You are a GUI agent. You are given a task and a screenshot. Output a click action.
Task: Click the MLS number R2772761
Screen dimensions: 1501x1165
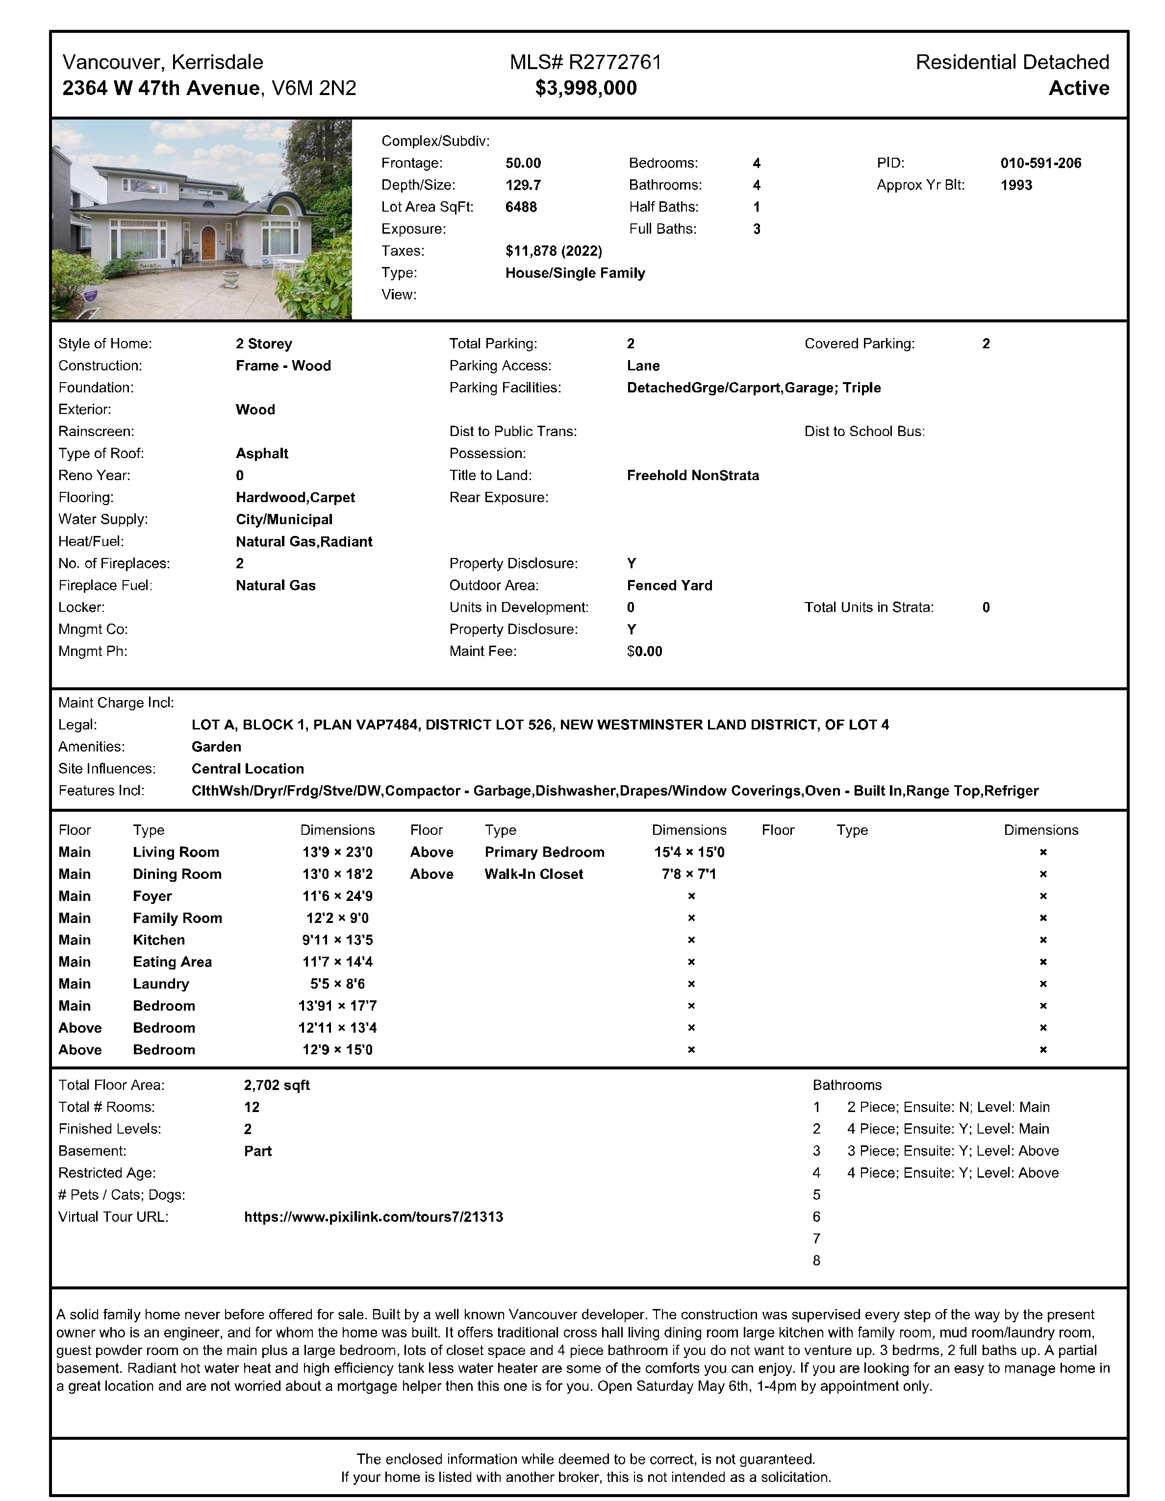614,63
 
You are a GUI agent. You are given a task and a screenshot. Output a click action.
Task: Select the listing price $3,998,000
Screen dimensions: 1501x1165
586,88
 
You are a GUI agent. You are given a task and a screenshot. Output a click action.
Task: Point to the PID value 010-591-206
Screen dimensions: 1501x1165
1040,163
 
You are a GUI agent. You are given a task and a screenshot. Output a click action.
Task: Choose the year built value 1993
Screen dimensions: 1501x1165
1016,185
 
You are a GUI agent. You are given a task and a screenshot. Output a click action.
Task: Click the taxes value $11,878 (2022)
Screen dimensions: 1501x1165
554,251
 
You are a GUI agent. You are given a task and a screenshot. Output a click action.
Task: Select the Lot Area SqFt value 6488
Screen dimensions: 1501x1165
521,207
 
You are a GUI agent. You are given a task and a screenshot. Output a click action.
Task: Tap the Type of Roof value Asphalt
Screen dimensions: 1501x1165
262,454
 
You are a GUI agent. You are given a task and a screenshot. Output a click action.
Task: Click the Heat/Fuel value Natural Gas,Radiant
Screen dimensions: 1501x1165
304,542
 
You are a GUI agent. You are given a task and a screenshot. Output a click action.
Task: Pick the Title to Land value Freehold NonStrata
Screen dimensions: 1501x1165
692,476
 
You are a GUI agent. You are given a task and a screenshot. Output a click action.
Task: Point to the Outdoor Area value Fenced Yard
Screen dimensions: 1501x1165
669,585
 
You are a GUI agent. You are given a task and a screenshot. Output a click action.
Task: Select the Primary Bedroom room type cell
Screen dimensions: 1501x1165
544,852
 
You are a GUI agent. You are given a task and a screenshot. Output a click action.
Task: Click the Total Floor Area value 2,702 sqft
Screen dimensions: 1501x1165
277,1085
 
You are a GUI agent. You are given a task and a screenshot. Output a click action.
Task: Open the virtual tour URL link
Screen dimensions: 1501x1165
374,1217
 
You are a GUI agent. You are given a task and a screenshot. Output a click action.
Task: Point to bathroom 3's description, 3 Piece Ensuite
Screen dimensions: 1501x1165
953,1151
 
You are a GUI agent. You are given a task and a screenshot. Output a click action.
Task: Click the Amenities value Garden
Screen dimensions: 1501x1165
216,747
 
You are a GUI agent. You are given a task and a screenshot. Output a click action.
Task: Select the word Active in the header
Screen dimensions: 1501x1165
1078,88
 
